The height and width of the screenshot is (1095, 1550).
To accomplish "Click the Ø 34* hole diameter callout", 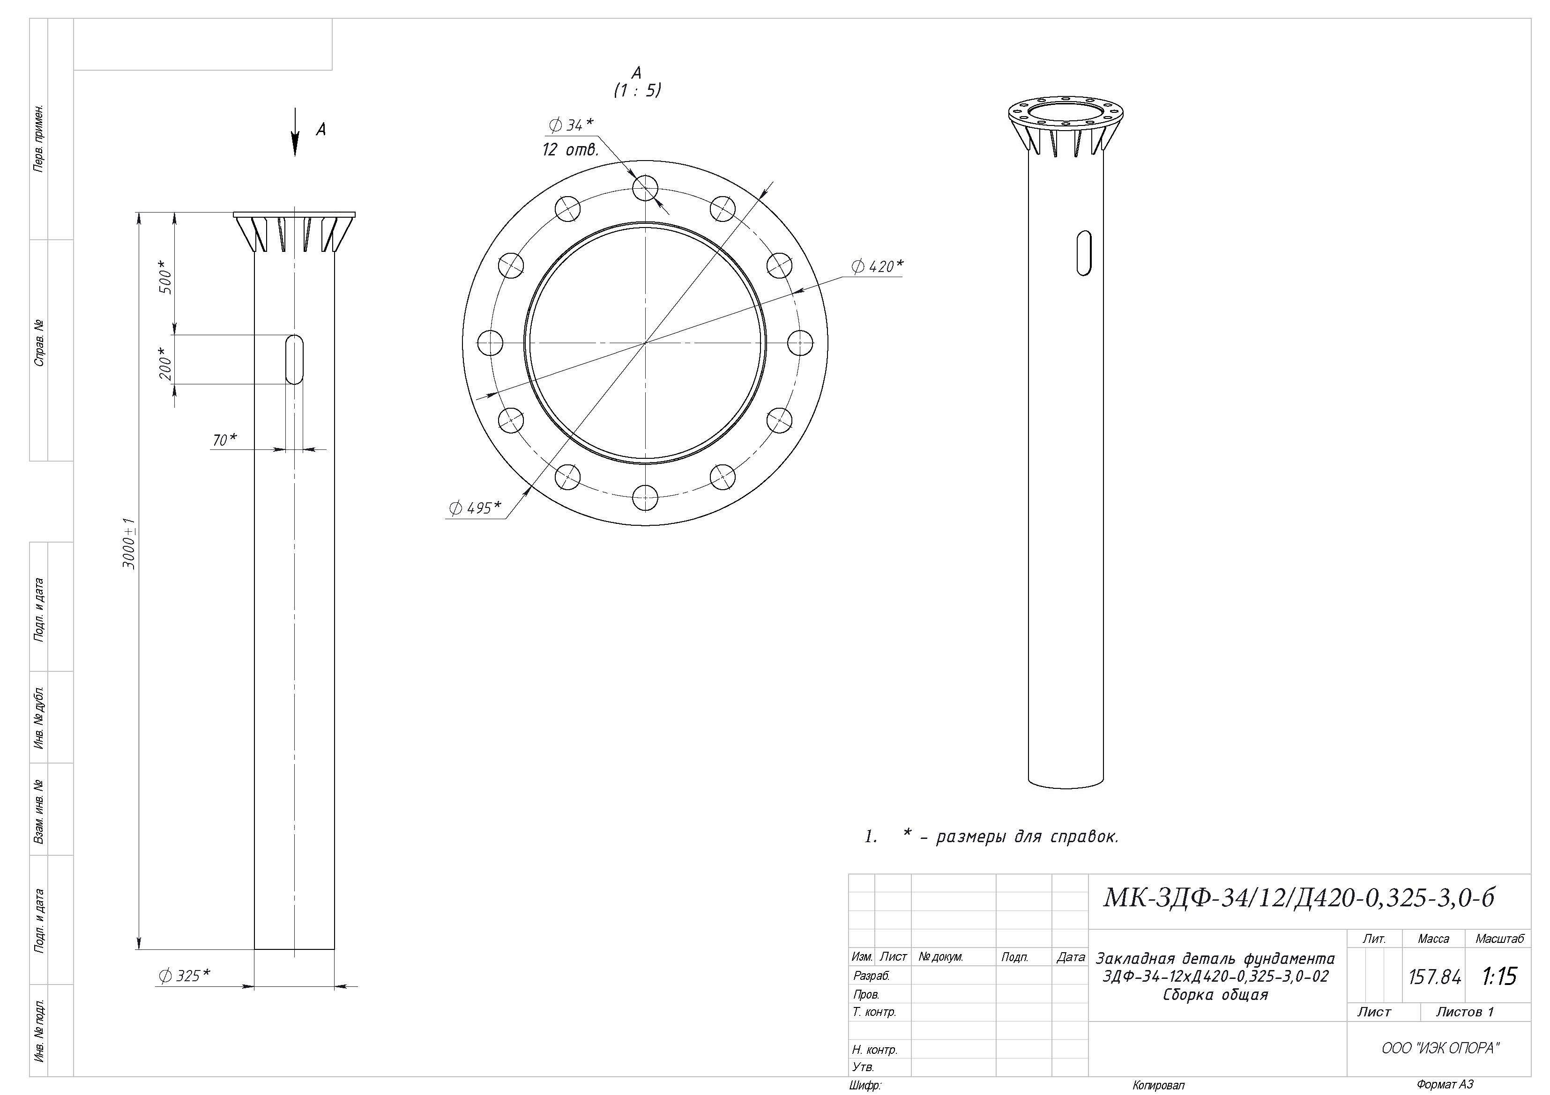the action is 571,125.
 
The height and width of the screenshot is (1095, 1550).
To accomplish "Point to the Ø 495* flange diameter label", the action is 475,507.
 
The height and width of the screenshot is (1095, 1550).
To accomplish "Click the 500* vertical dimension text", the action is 166,277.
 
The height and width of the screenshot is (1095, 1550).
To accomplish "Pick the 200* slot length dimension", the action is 166,363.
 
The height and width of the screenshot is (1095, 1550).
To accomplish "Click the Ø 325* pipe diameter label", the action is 184,975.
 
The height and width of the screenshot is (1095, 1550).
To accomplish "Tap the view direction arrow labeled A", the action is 295,132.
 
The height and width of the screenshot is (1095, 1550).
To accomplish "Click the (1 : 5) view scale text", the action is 637,90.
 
